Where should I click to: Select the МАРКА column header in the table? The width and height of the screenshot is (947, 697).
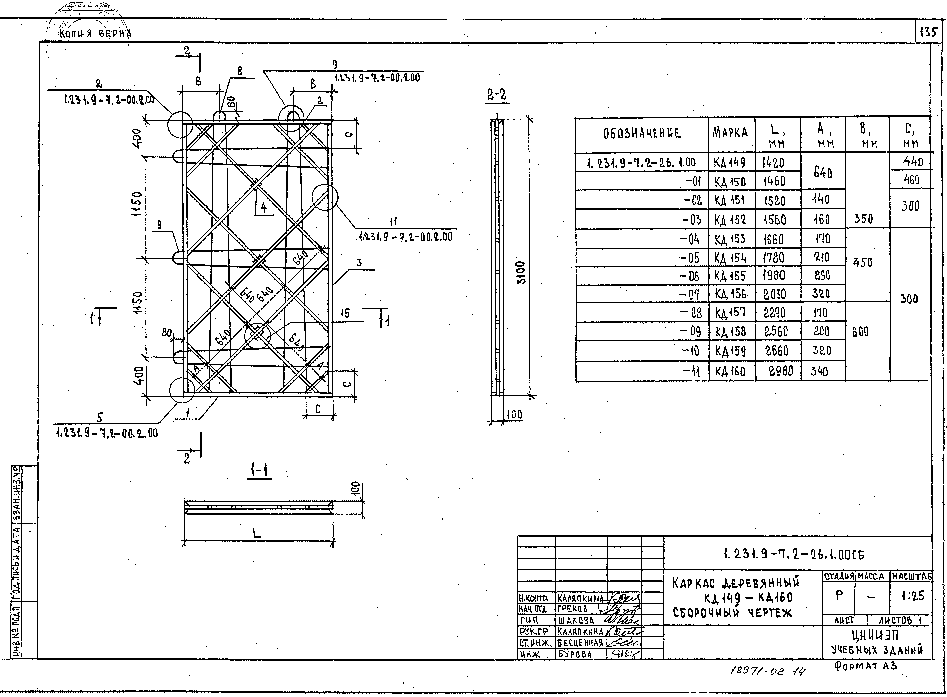click(x=730, y=133)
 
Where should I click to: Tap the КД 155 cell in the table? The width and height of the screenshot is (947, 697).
click(x=730, y=276)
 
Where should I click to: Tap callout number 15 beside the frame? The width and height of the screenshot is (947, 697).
click(x=345, y=314)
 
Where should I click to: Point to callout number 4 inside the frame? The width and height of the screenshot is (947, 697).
click(x=263, y=207)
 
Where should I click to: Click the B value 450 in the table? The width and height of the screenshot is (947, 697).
click(x=862, y=262)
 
